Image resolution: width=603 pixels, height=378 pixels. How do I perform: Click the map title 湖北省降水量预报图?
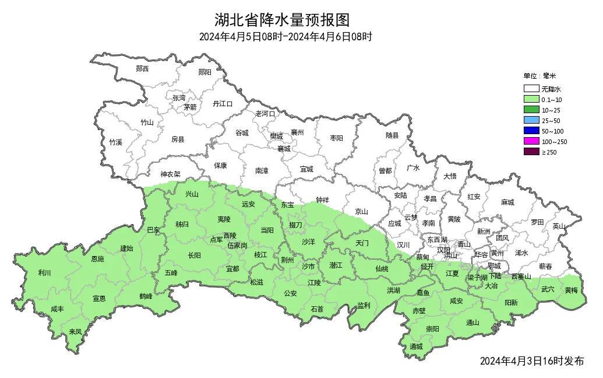[x=282, y=20]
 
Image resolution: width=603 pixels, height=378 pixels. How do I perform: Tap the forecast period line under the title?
[x=285, y=37]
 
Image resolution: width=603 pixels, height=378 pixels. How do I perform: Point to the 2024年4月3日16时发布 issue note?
[x=531, y=361]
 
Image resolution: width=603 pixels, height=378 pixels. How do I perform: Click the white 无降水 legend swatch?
[x=531, y=89]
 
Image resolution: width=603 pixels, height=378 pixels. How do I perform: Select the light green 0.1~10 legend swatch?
[x=531, y=100]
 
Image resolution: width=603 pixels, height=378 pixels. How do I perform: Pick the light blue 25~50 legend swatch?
[x=531, y=120]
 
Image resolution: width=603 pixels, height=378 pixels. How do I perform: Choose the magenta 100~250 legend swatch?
[x=531, y=141]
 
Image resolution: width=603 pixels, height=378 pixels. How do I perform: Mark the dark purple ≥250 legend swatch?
[x=531, y=152]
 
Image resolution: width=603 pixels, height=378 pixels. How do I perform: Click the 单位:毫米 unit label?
[x=539, y=76]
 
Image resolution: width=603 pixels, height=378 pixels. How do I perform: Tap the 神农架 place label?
[x=171, y=174]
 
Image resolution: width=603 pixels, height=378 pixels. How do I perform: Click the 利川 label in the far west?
[x=44, y=273]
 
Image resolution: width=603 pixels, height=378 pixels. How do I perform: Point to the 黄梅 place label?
[x=571, y=290]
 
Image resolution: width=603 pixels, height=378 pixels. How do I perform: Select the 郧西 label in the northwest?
[x=142, y=69]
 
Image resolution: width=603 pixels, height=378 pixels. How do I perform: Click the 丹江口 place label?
[x=223, y=104]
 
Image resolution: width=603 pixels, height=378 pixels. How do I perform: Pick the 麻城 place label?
[x=507, y=202]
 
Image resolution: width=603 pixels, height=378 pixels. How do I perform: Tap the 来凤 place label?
[x=75, y=331]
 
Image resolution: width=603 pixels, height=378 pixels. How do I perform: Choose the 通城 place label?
[x=416, y=346]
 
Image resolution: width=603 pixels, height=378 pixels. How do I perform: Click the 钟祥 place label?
[x=322, y=199]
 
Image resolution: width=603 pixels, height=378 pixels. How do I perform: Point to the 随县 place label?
[x=392, y=136]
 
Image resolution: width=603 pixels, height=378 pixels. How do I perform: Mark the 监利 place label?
[x=364, y=305]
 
